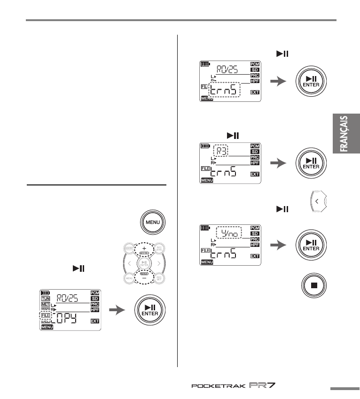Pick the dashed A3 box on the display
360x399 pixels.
click(x=222, y=151)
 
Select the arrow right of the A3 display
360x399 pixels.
click(x=279, y=162)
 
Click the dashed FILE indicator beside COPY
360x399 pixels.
click(x=46, y=317)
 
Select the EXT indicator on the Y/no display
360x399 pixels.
click(x=255, y=256)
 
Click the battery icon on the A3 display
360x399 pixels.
click(x=205, y=146)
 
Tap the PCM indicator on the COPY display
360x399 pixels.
click(x=95, y=292)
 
